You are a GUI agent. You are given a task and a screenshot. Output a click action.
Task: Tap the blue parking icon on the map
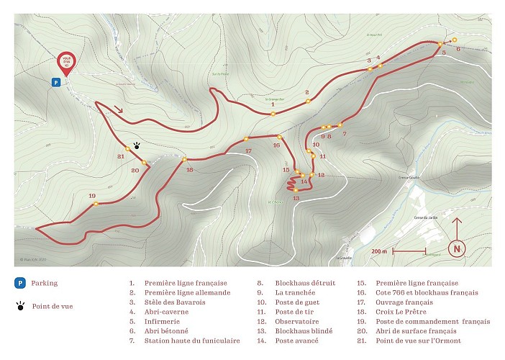tap(55, 83)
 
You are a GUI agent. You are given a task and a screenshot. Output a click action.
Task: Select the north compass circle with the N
tap(456, 248)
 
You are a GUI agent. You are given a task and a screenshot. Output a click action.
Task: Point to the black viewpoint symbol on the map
tap(137, 144)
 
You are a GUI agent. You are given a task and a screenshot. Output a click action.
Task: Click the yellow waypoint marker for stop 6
tap(455, 39)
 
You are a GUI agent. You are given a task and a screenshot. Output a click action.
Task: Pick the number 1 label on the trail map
tap(273, 105)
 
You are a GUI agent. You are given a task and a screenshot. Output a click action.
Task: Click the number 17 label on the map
tap(248, 150)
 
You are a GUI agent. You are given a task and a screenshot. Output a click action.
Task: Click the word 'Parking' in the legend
tap(45, 284)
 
